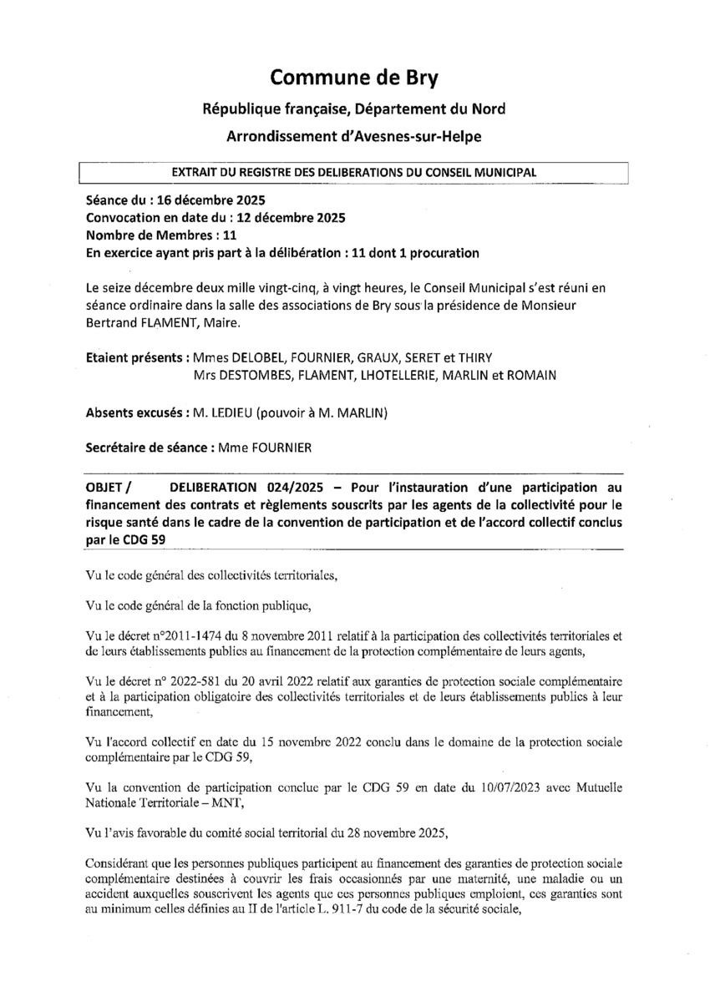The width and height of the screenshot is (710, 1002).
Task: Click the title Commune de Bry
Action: (x=354, y=78)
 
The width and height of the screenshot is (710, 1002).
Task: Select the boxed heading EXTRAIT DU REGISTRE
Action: (x=353, y=172)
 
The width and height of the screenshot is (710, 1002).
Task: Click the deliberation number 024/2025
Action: (x=285, y=487)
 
